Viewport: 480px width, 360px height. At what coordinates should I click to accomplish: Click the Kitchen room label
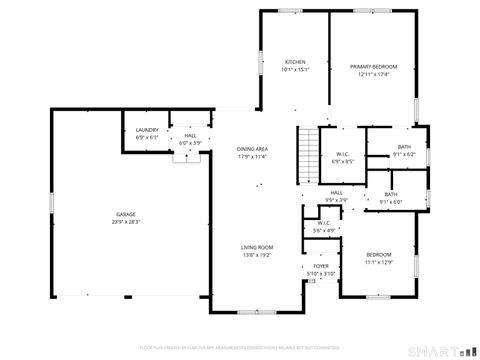pyautogui.click(x=295, y=61)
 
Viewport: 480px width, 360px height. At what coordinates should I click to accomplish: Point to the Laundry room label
pyautogui.click(x=147, y=131)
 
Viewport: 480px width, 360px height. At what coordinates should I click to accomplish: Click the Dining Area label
pyautogui.click(x=252, y=148)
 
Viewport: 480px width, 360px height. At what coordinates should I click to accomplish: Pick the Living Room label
pyautogui.click(x=257, y=247)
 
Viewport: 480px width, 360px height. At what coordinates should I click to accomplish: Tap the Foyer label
pyautogui.click(x=321, y=266)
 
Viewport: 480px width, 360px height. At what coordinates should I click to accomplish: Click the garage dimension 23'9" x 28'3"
pyautogui.click(x=126, y=223)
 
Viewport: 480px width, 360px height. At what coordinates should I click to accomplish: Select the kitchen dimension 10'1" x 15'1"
pyautogui.click(x=295, y=69)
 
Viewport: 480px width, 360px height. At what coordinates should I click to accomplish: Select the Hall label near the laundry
pyautogui.click(x=190, y=136)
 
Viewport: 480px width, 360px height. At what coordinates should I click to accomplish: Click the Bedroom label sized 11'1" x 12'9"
pyautogui.click(x=379, y=255)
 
